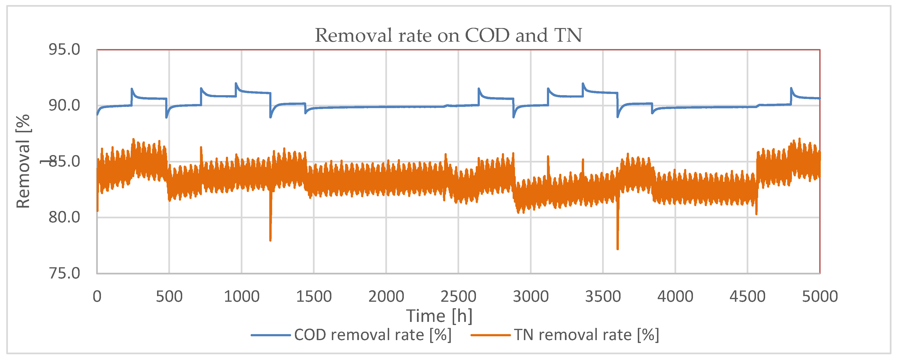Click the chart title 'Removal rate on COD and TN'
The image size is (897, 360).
click(448, 35)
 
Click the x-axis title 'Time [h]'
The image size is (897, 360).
click(440, 316)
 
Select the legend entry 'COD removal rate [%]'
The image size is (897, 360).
click(373, 335)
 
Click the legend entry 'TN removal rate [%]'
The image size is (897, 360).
click(586, 335)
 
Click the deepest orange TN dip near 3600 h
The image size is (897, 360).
click(617, 249)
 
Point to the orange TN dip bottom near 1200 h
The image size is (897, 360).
click(270, 240)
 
